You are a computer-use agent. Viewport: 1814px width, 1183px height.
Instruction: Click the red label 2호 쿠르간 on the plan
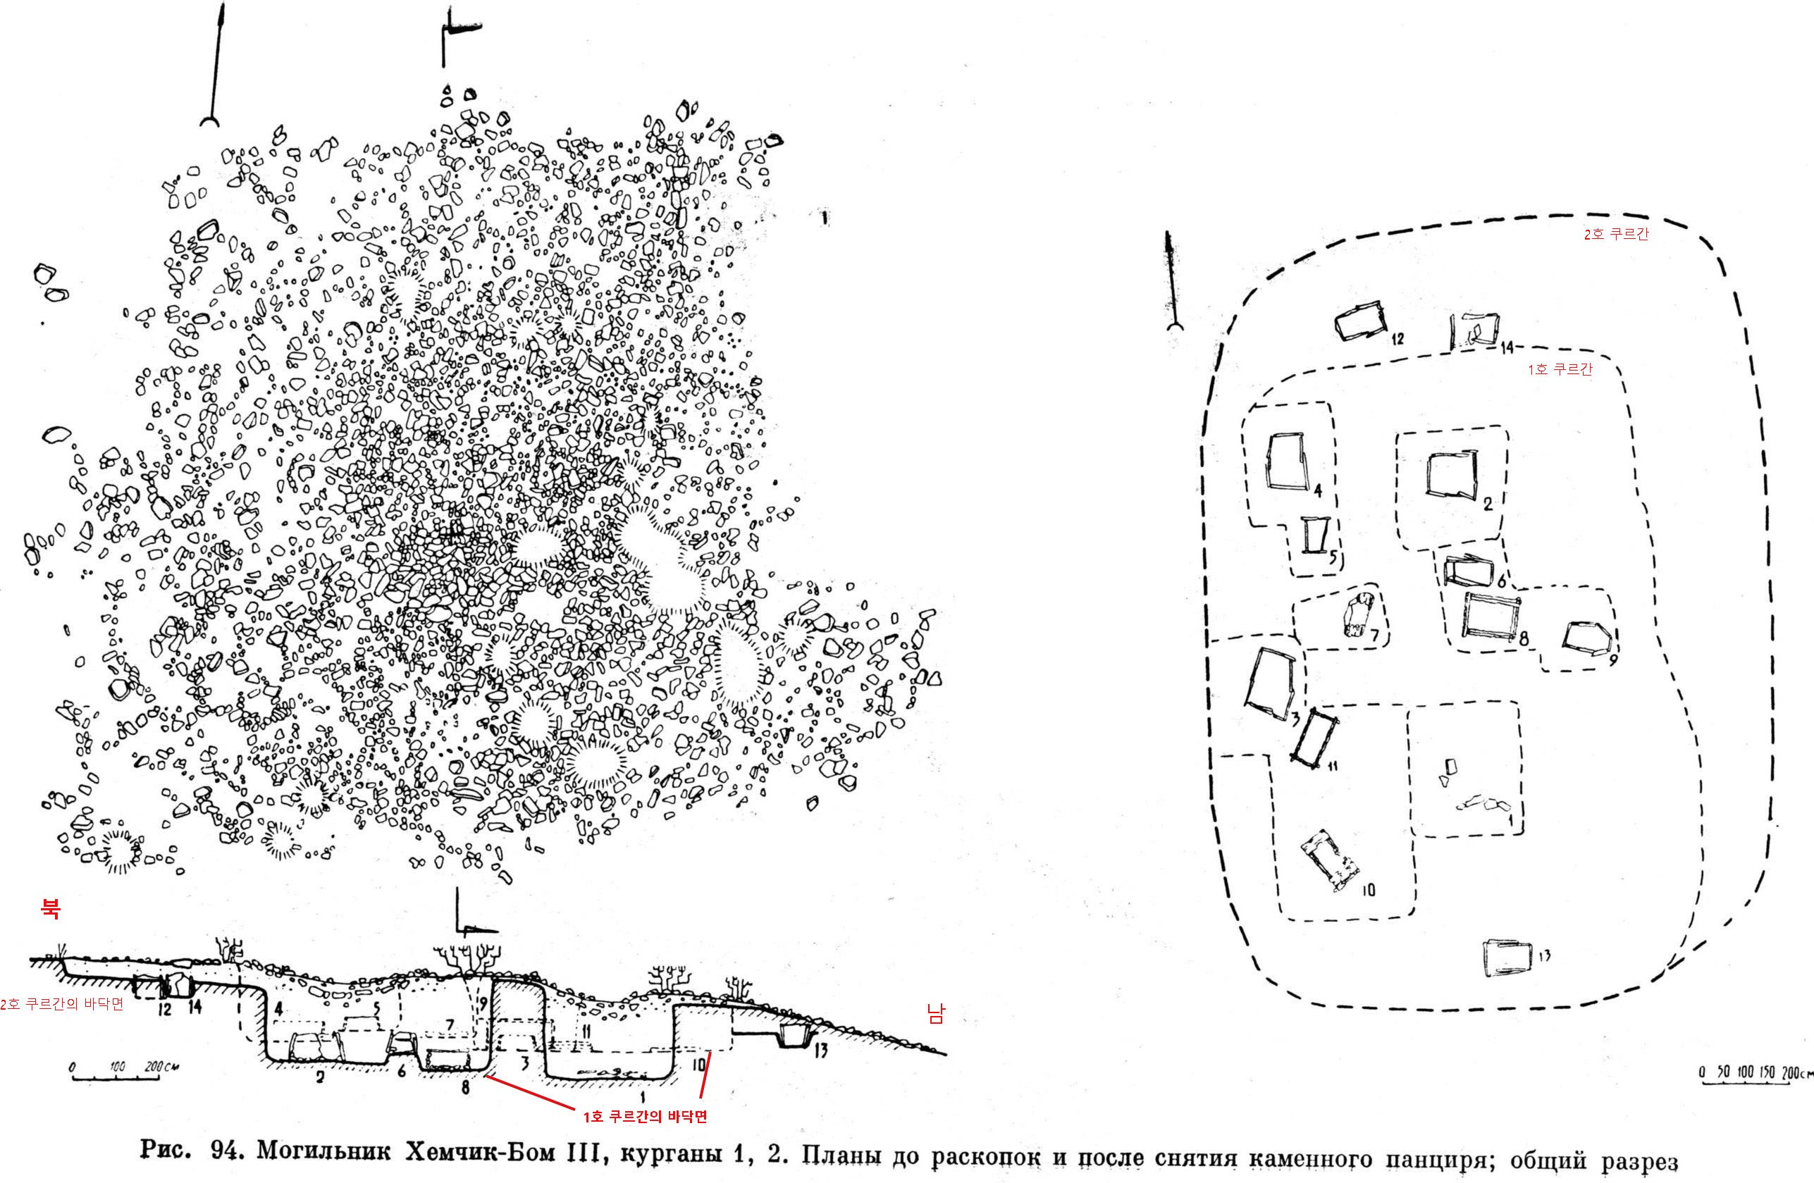pyautogui.click(x=1616, y=234)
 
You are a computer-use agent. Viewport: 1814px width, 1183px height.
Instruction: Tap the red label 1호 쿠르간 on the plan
pyautogui.click(x=1560, y=369)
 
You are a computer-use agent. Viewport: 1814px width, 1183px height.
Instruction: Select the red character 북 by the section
pyautogui.click(x=50, y=907)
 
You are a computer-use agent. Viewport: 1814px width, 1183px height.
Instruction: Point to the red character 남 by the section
pyautogui.click(x=935, y=1012)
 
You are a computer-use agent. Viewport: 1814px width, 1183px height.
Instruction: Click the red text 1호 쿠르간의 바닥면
pyautogui.click(x=645, y=1117)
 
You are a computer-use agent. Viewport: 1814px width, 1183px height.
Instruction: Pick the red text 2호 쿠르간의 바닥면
pyautogui.click(x=62, y=1004)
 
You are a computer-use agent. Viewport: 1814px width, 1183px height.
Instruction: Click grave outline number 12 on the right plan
pyautogui.click(x=1359, y=323)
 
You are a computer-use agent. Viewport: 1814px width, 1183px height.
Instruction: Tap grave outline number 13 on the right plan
pyautogui.click(x=1507, y=958)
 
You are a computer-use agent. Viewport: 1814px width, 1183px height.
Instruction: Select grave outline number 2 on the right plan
pyautogui.click(x=1451, y=476)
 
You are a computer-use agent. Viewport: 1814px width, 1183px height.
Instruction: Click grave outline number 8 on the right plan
pyautogui.click(x=1489, y=616)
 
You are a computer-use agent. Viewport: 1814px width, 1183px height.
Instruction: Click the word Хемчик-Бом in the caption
pyautogui.click(x=479, y=1151)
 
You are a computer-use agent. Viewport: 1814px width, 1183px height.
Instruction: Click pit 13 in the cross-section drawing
pyautogui.click(x=794, y=1036)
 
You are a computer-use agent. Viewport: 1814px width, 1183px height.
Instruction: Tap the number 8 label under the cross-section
pyautogui.click(x=465, y=1087)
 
